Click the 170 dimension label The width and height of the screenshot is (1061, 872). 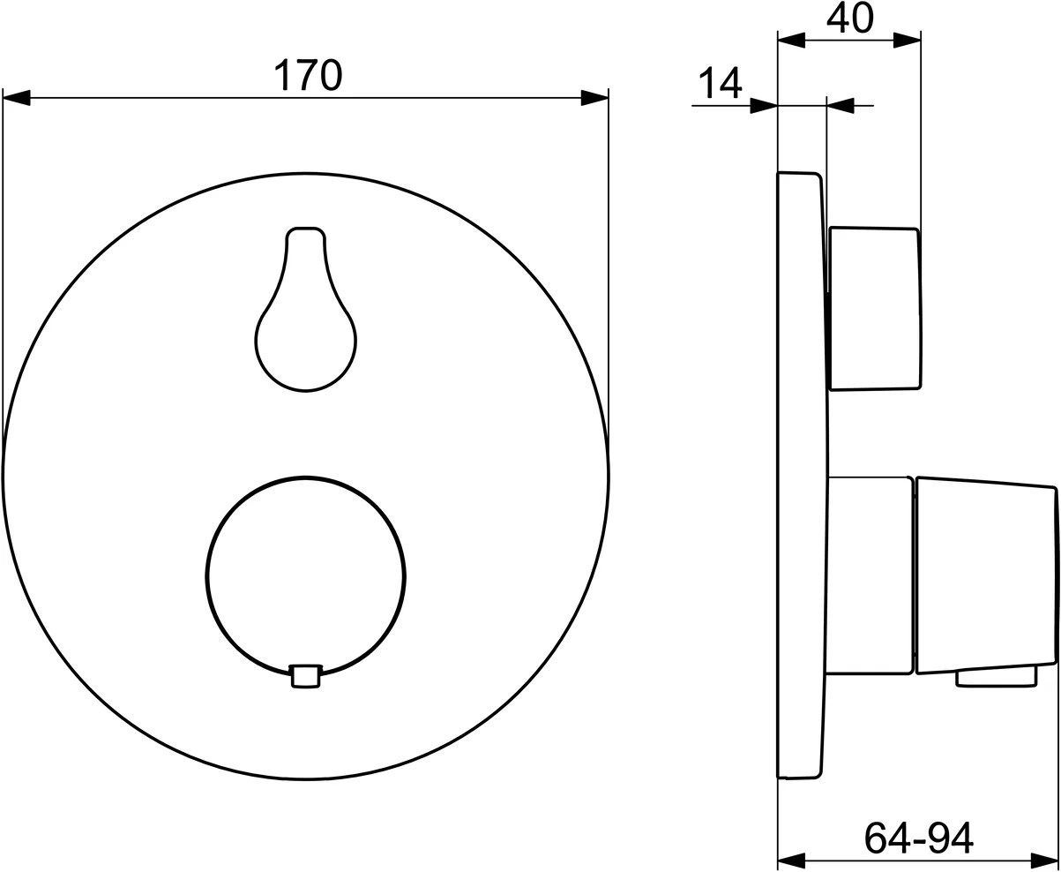coord(307,75)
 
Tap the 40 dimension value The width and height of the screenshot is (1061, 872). coord(849,18)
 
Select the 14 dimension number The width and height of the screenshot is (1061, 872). coord(720,83)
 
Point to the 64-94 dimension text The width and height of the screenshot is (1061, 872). coord(917,837)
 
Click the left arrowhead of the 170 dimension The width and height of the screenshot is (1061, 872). coord(17,98)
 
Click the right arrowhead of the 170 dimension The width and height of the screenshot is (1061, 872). coord(594,98)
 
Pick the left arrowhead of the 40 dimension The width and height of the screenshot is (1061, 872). coord(791,40)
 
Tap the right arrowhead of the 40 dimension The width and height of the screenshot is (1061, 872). coord(907,40)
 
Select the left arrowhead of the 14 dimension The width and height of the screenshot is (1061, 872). coord(764,106)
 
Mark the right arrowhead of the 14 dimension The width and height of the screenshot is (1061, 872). coord(841,106)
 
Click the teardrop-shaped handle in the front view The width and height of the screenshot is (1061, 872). coord(305,327)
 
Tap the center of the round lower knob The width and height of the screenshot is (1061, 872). coord(305,576)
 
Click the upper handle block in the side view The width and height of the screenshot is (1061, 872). coord(875,308)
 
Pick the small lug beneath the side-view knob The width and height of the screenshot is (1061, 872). coord(997,677)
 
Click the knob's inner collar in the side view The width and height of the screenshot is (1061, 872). coord(869,575)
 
